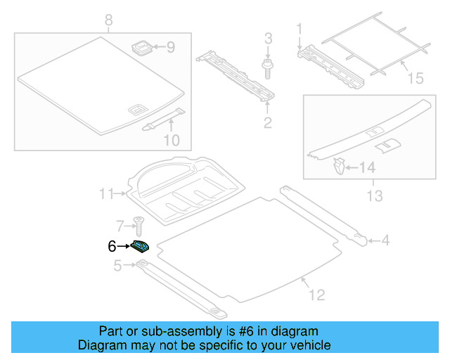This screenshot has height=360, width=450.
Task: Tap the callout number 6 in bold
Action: [111, 246]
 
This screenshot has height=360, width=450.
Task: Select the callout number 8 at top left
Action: [108, 20]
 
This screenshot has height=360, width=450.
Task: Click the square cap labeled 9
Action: [141, 47]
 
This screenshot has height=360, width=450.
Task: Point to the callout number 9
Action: [169, 48]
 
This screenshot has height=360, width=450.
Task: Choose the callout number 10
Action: [172, 141]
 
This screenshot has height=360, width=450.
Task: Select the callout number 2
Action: [267, 124]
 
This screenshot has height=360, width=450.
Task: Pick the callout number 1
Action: [298, 29]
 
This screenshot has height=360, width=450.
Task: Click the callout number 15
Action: [416, 77]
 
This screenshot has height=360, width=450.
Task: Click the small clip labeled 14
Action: [338, 167]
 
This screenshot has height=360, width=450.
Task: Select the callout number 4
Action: [385, 241]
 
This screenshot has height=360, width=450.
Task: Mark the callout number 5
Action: [117, 265]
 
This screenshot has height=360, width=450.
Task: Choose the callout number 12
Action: [316, 295]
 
